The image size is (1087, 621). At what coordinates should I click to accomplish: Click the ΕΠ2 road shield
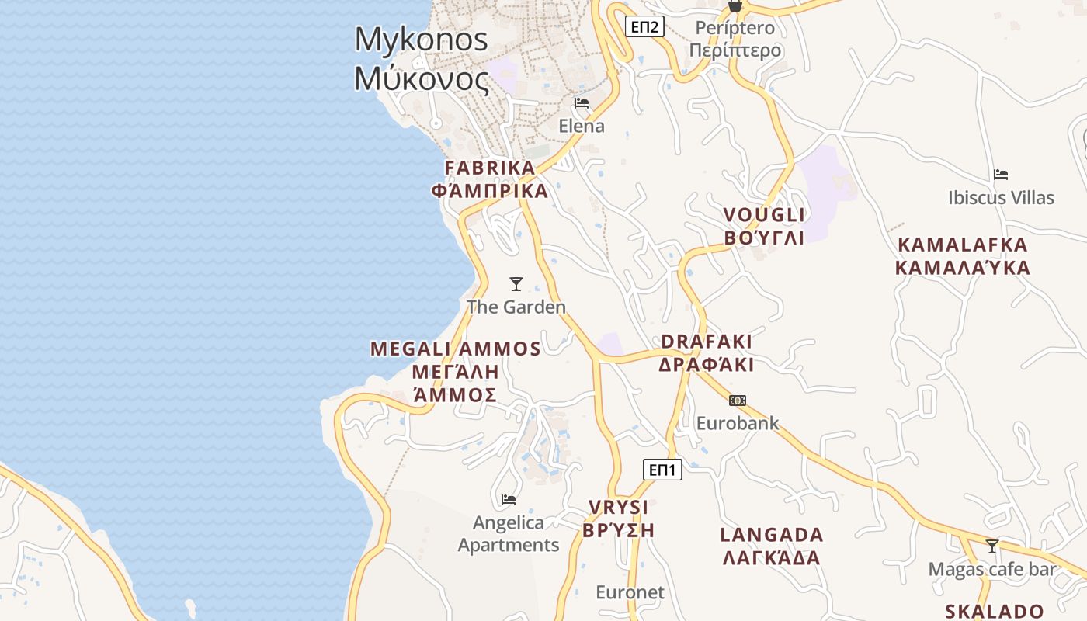(x=644, y=28)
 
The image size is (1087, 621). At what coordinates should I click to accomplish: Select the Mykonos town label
(x=422, y=59)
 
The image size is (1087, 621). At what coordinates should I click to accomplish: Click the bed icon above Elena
(x=582, y=103)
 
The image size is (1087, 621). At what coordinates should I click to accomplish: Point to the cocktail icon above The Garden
(x=516, y=284)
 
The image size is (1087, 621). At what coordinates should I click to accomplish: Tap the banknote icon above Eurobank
(x=737, y=401)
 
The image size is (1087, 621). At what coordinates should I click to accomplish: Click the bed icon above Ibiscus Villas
(x=1001, y=175)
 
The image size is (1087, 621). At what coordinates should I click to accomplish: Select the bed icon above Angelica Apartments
(x=509, y=500)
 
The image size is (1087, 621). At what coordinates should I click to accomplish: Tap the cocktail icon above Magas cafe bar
(x=991, y=546)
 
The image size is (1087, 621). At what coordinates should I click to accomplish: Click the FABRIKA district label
(x=490, y=179)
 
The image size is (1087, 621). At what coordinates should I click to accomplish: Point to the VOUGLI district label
(x=764, y=226)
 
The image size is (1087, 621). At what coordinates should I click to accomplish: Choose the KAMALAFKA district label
(x=962, y=256)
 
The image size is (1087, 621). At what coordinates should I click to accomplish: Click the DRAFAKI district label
(x=707, y=353)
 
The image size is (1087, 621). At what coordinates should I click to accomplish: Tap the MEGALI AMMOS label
(x=456, y=372)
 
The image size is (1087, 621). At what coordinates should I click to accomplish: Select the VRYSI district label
(x=618, y=519)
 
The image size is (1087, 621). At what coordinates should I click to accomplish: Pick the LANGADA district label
(x=771, y=546)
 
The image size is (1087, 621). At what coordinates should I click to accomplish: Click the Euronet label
(x=630, y=593)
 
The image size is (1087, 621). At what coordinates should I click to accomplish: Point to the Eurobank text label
(x=737, y=424)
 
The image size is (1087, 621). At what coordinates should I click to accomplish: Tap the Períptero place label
(x=735, y=40)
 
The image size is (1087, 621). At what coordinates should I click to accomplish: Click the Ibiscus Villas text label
(x=1001, y=198)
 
